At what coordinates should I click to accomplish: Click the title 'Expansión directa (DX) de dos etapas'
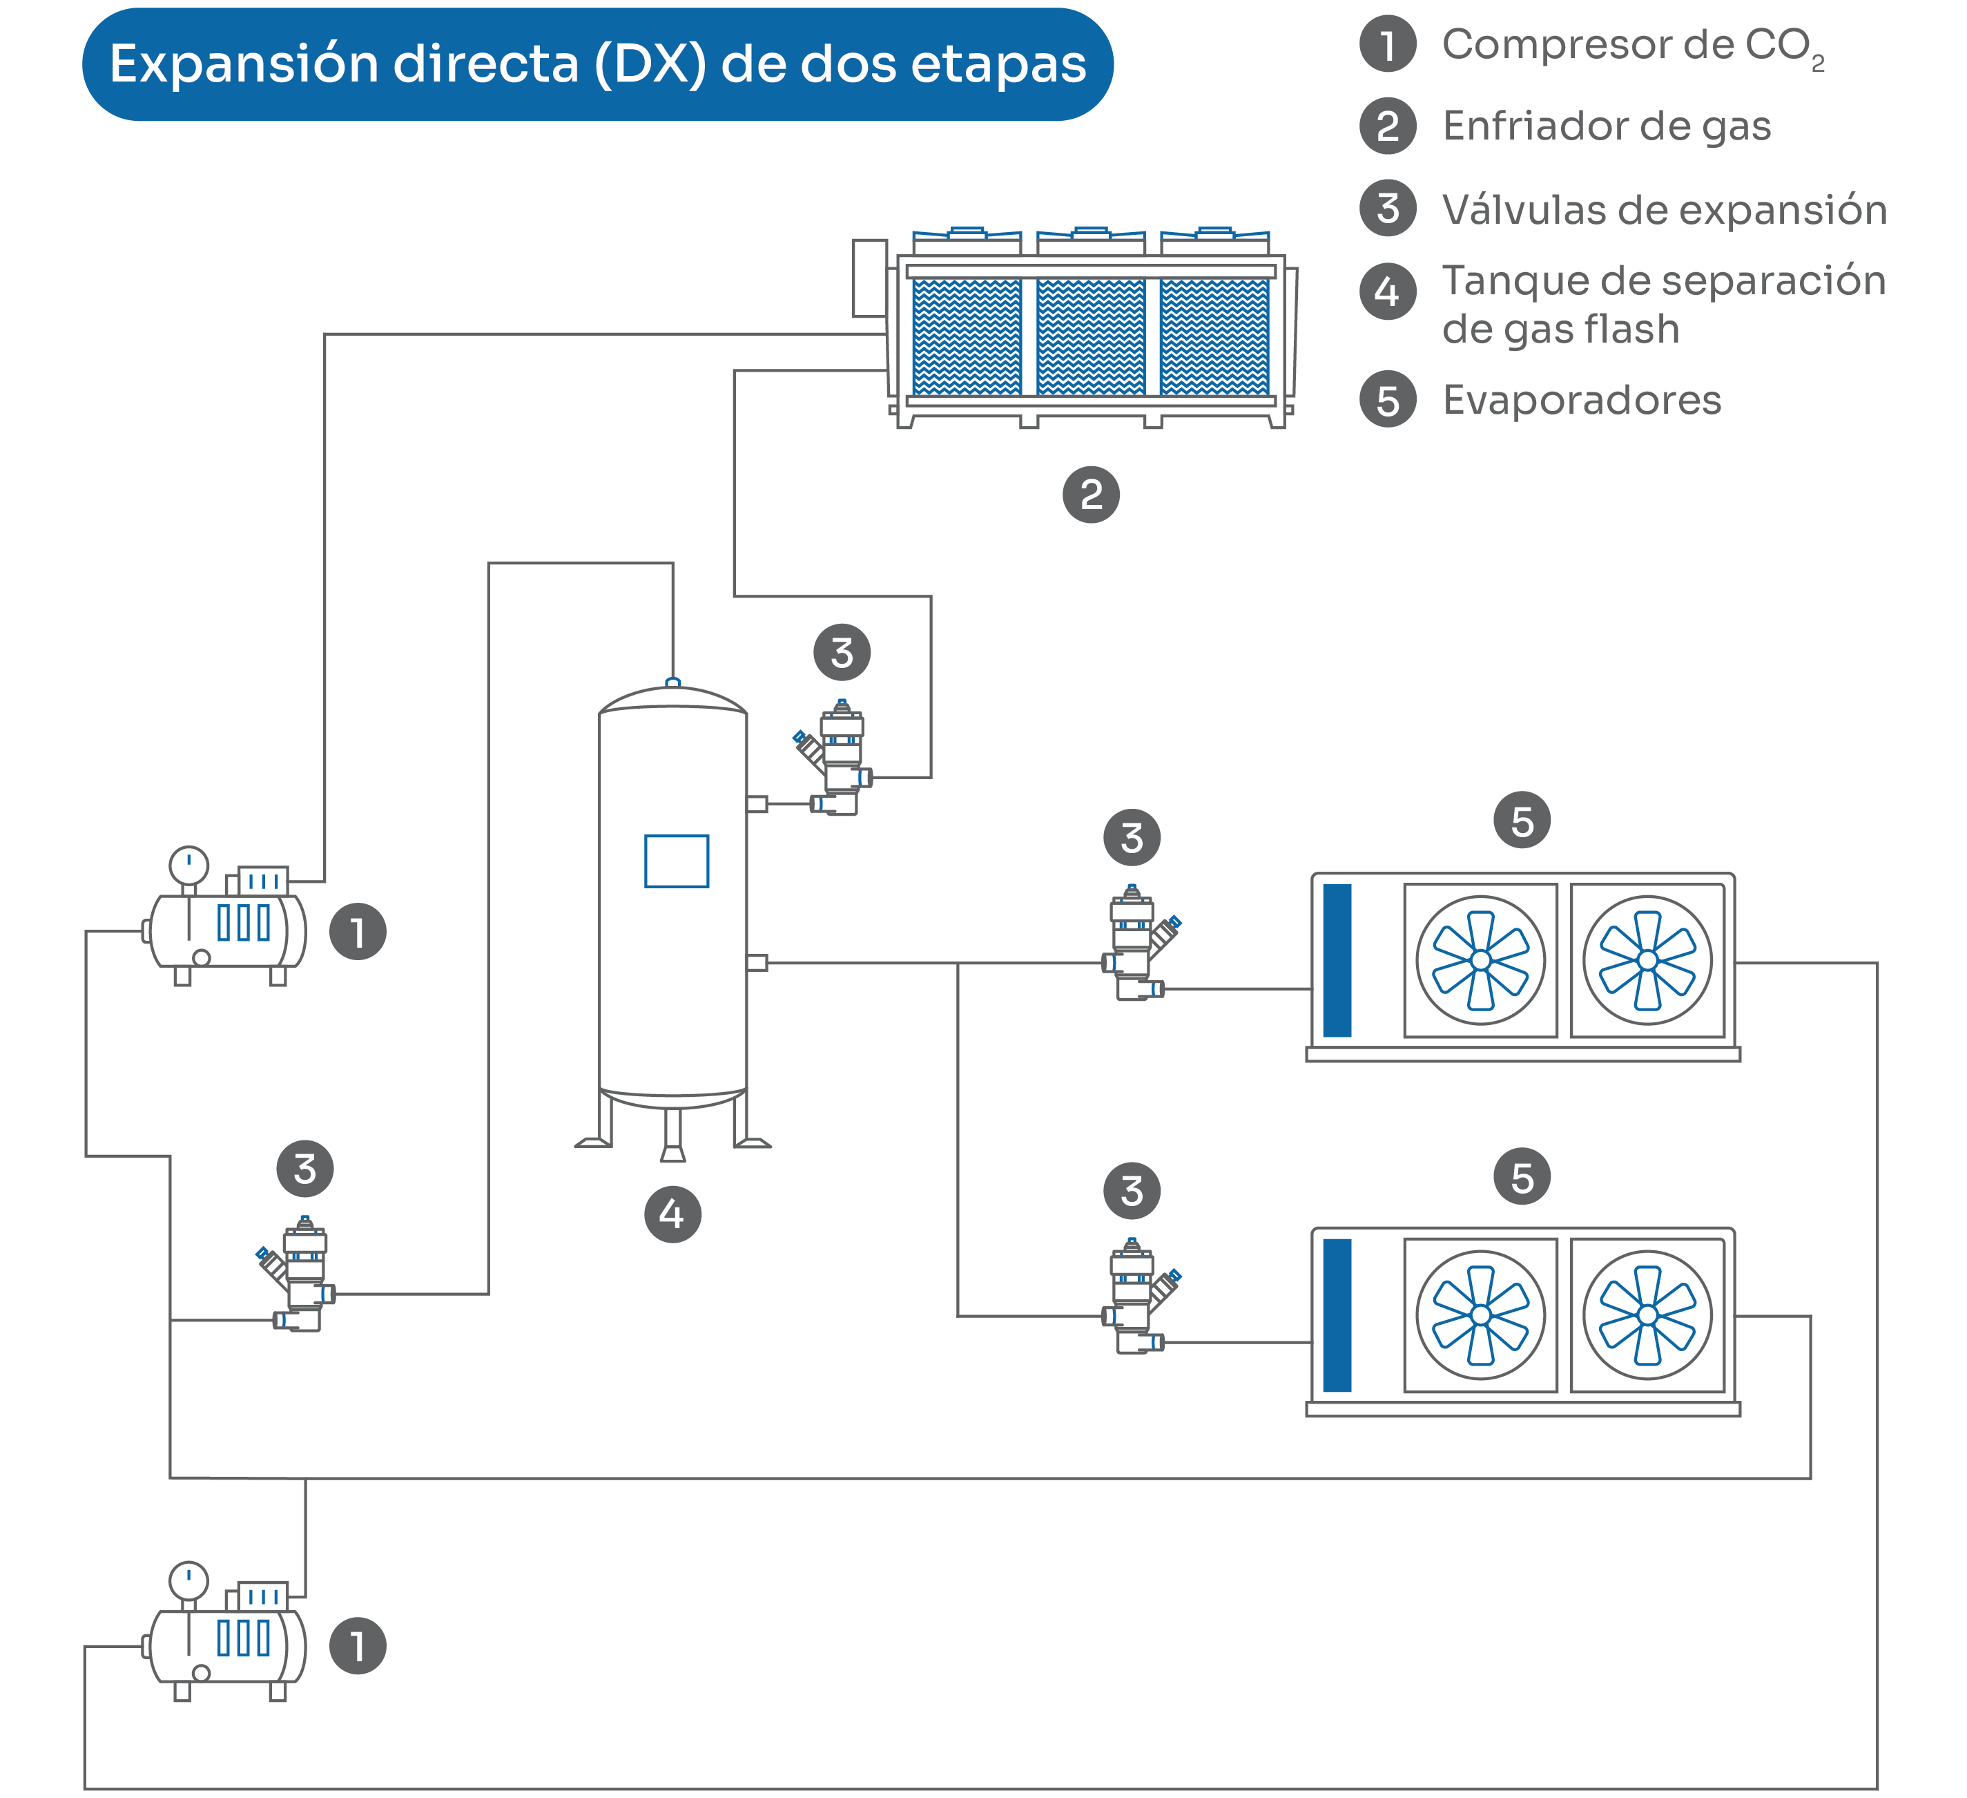[x=597, y=64]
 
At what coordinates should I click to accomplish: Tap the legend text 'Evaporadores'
[x=1582, y=400]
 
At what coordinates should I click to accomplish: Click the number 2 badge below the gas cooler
[x=1091, y=495]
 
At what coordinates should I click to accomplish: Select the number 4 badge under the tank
[x=672, y=1214]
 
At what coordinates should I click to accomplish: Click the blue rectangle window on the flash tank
[x=676, y=861]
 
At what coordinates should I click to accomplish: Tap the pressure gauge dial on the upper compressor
[x=188, y=865]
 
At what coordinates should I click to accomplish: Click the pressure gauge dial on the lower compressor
[x=188, y=1581]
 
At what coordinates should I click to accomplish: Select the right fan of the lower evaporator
[x=1647, y=1314]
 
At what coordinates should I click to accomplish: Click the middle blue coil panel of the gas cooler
[x=1091, y=337]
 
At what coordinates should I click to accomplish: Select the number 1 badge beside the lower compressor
[x=358, y=1646]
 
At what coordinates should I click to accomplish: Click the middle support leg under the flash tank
[x=672, y=1134]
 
